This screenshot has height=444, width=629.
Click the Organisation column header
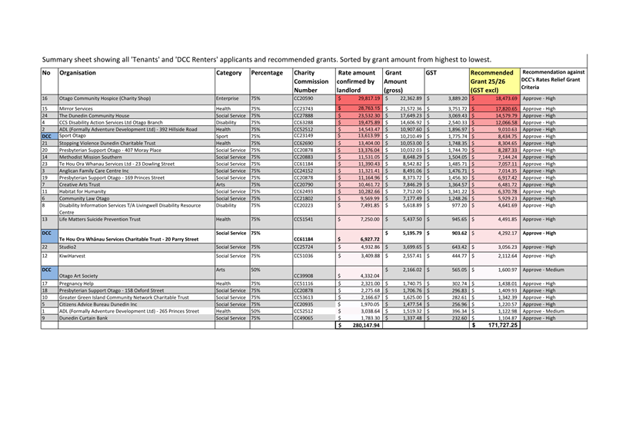click(78, 73)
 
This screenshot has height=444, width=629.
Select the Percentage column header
click(267, 73)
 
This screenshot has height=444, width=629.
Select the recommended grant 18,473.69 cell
click(501, 99)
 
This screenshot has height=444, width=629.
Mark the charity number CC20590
click(305, 99)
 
